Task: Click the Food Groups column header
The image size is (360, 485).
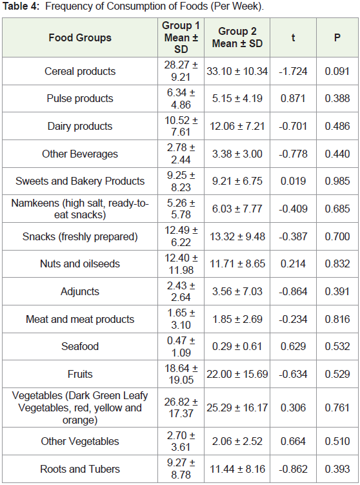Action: (x=80, y=37)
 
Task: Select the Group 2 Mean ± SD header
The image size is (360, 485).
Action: (x=237, y=37)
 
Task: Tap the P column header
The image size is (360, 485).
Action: (x=337, y=37)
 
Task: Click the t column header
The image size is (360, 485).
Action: (x=293, y=37)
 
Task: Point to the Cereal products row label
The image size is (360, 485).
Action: (x=80, y=71)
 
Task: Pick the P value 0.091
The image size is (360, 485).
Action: (x=337, y=71)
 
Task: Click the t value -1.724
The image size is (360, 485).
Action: (x=293, y=71)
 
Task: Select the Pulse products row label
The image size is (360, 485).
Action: (x=80, y=98)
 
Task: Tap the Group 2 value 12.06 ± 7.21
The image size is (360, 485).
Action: (x=237, y=126)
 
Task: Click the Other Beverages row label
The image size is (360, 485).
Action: (x=80, y=154)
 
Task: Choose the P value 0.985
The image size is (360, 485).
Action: (x=337, y=181)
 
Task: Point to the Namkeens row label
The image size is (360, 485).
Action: (x=80, y=209)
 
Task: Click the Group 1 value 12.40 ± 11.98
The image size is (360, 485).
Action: (x=181, y=264)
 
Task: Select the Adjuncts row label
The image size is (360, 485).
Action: (x=80, y=291)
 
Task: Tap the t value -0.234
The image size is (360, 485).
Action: (x=293, y=319)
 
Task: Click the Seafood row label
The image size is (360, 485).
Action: (x=80, y=346)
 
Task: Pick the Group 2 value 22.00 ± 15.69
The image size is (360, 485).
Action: (x=237, y=374)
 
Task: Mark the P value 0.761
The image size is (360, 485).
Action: (x=337, y=408)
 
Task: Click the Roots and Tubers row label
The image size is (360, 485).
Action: (x=80, y=469)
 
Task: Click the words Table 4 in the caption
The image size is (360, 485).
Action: (x=21, y=6)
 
